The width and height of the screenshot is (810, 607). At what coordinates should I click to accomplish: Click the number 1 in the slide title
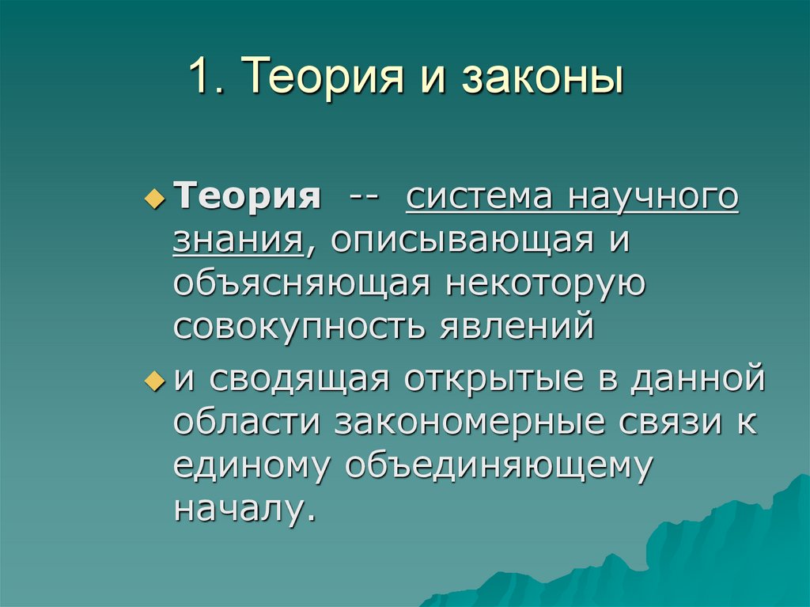pos(198,80)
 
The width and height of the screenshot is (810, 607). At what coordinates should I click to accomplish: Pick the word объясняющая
pos(300,283)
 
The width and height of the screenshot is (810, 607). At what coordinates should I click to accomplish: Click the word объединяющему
pos(498,465)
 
